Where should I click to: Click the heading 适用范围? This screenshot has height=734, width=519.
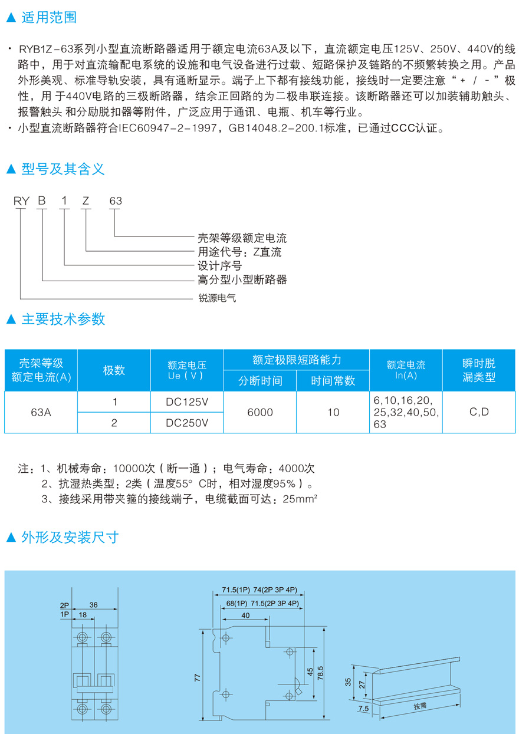pyautogui.click(x=49, y=18)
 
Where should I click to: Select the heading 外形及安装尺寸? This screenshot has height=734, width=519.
pyautogui.click(x=70, y=537)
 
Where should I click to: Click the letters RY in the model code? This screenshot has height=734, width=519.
pyautogui.click(x=22, y=201)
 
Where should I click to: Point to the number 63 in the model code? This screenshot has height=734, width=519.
pyautogui.click(x=115, y=201)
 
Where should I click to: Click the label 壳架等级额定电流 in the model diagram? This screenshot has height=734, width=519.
pyautogui.click(x=242, y=239)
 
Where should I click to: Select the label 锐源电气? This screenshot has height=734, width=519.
pyautogui.click(x=216, y=298)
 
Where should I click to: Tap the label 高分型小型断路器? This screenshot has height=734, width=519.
pyautogui.click(x=242, y=279)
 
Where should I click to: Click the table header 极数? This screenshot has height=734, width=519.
pyautogui.click(x=114, y=370)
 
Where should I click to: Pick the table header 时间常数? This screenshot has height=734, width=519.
pyautogui.click(x=333, y=381)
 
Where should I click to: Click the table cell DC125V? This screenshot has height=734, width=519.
pyautogui.click(x=187, y=402)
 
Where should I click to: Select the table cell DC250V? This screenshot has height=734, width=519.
pyautogui.click(x=187, y=423)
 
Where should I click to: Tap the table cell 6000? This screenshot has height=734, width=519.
pyautogui.click(x=260, y=413)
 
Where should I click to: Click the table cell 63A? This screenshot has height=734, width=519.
pyautogui.click(x=41, y=413)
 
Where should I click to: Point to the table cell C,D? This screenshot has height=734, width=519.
pyautogui.click(x=479, y=412)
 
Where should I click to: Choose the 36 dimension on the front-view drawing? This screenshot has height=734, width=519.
pyautogui.click(x=93, y=605)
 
